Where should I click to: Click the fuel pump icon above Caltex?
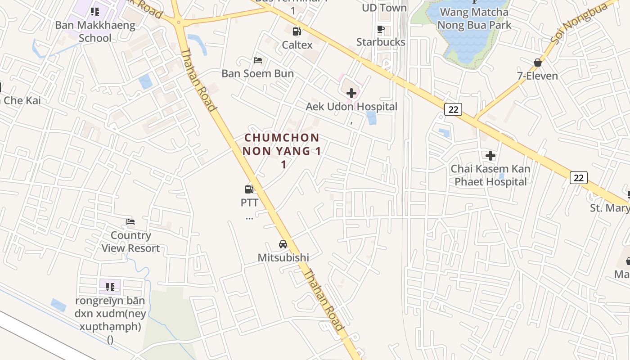pos(297,31)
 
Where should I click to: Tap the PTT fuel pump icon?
pos(249,189)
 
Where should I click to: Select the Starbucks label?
pos(381,42)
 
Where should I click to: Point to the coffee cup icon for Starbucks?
pos(381,30)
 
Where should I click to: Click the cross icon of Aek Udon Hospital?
pos(351,93)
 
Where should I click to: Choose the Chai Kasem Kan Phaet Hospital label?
pos(490,175)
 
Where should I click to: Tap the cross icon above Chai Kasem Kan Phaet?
pos(490,156)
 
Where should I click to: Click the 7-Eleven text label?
pos(537,76)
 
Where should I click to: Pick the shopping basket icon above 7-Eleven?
pos(537,62)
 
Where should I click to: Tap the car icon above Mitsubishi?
pos(283,244)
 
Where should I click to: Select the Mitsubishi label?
pos(283,258)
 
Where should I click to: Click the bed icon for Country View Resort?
pos(130,222)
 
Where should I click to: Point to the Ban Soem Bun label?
pos(258,74)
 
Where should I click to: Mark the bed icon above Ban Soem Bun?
pos(258,60)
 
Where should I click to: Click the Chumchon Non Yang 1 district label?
pos(282,151)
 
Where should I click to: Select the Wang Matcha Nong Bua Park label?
pos(474,18)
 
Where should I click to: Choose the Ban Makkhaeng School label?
pos(95,31)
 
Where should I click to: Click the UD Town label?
pos(384,8)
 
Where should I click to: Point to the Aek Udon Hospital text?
pos(351,107)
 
